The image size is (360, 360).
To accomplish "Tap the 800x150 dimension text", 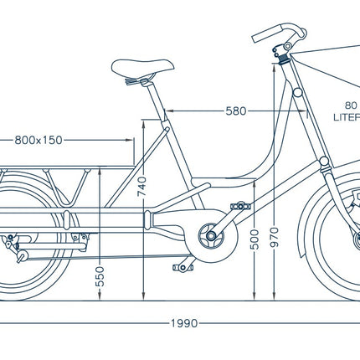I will (x=39, y=140).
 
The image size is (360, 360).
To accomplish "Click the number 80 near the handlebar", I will (x=350, y=107).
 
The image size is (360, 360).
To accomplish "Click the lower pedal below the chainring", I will (x=182, y=268).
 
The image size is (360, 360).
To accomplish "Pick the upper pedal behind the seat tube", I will (x=241, y=204).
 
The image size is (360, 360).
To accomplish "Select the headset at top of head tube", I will (x=285, y=58).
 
